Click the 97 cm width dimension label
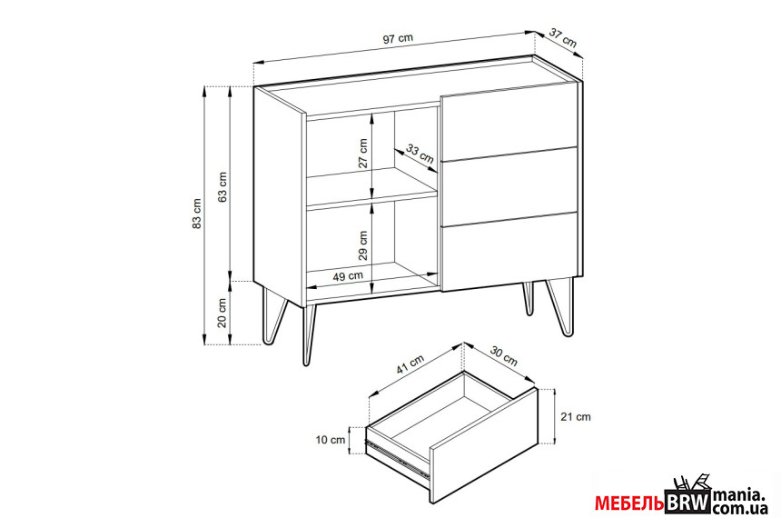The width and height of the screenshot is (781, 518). [398, 38]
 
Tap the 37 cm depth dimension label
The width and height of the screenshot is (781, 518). [563, 38]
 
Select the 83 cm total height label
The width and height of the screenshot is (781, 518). [197, 214]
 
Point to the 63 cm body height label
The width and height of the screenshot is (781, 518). [222, 187]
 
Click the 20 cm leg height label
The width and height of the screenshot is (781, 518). [222, 312]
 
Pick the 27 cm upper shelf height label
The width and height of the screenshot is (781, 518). [363, 153]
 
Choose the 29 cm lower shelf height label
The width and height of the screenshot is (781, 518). [363, 245]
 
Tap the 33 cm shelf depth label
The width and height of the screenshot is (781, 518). [420, 154]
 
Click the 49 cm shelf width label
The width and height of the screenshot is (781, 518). [348, 275]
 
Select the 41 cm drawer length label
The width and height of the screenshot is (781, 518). [410, 364]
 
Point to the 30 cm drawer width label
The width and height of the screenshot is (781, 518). [504, 355]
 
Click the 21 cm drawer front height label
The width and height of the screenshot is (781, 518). [575, 417]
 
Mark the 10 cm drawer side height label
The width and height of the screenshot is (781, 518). [331, 440]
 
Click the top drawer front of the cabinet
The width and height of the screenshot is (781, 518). [509, 124]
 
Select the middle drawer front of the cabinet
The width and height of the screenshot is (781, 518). [509, 187]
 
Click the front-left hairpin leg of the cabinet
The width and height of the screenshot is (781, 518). [310, 335]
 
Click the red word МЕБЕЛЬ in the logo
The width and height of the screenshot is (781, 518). [629, 503]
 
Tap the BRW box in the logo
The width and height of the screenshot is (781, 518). [687, 501]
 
